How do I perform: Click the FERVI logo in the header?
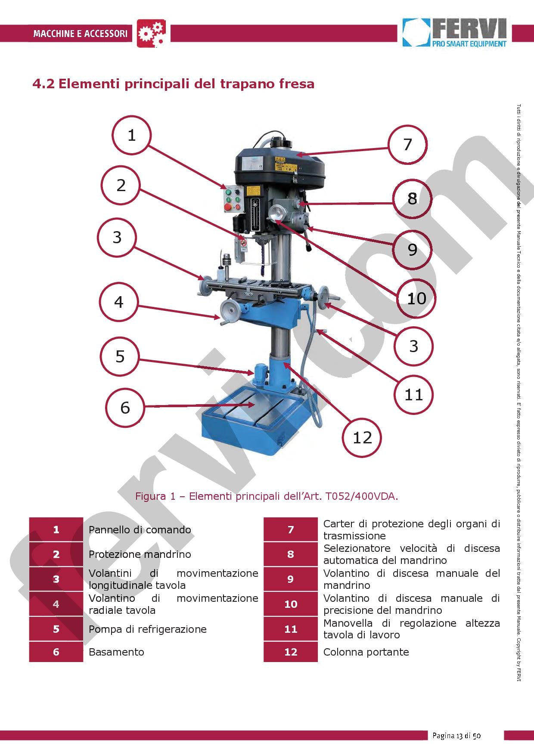pyautogui.click(x=454, y=32)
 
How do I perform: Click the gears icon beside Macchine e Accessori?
pyautogui.click(x=151, y=33)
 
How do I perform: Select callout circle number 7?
pyautogui.click(x=407, y=145)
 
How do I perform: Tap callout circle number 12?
pyautogui.click(x=362, y=437)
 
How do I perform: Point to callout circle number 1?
pyautogui.click(x=131, y=135)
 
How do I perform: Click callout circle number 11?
pyautogui.click(x=413, y=394)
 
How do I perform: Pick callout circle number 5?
pyautogui.click(x=120, y=356)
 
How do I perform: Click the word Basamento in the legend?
pyautogui.click(x=116, y=652)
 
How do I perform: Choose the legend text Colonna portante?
pyautogui.click(x=366, y=652)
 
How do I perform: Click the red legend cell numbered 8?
pyautogui.click(x=290, y=554)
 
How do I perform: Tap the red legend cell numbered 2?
pyautogui.click(x=56, y=554)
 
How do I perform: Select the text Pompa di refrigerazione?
pyautogui.click(x=147, y=629)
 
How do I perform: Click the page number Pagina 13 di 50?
pyautogui.click(x=456, y=736)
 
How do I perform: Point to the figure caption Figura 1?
pyautogui.click(x=267, y=496)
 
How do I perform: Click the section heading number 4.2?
pyautogui.click(x=43, y=84)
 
